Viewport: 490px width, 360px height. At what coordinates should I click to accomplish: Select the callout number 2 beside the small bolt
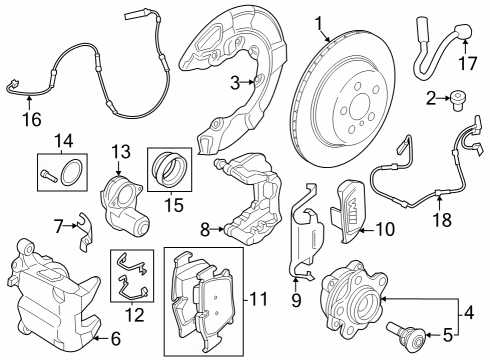coord(431,99)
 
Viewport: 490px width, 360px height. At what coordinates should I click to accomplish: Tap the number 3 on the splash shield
coord(236,81)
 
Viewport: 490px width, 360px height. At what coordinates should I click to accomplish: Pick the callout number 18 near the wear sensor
coord(438,218)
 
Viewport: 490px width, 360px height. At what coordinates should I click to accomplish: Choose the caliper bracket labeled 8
coord(250,205)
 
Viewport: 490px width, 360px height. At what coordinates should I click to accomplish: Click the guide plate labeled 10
coord(350,210)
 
